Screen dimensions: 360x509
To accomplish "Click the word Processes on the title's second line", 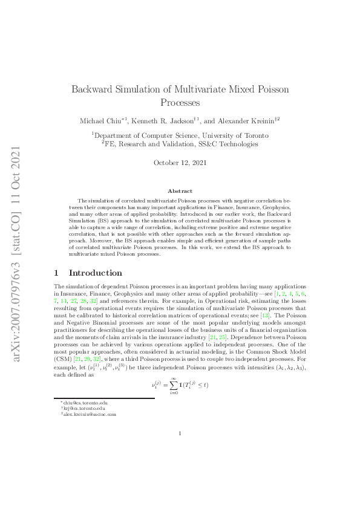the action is pyautogui.click(x=180, y=103).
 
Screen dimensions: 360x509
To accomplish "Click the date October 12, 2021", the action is pyautogui.click(x=180, y=163).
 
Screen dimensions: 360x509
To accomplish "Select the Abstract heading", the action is pyautogui.click(x=180, y=191).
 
